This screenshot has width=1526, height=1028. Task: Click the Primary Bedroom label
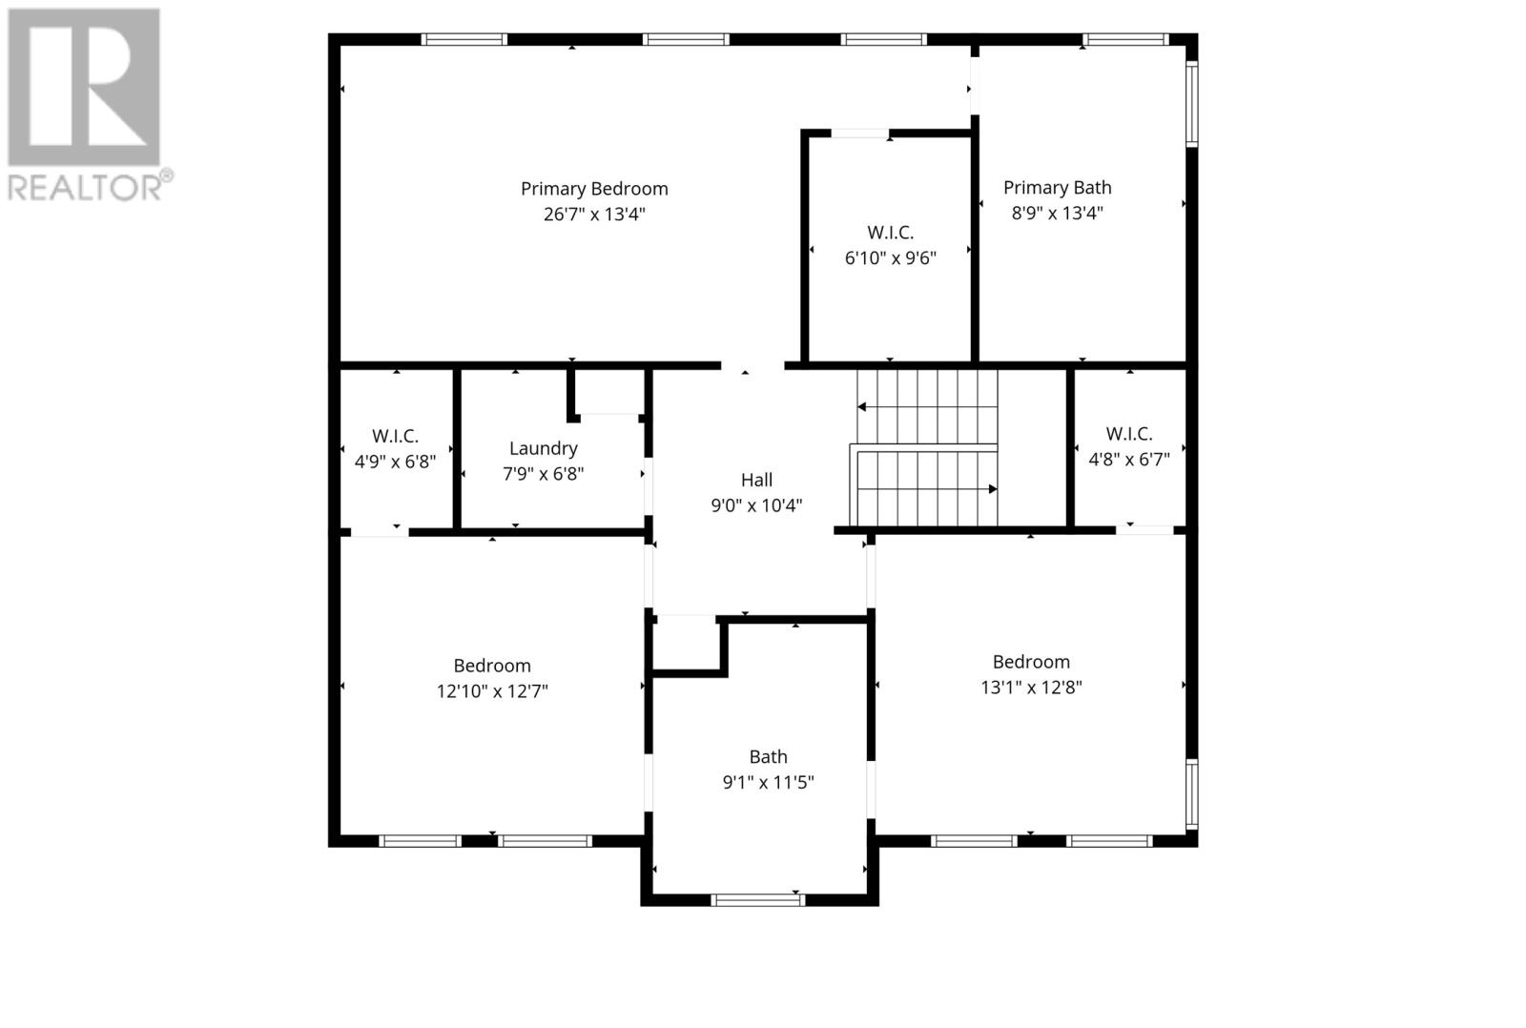594,189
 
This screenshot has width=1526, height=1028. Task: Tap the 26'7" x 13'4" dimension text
594,215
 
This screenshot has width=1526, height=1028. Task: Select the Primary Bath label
1058,188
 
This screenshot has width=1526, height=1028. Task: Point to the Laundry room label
543,449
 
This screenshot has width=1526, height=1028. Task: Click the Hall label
756,481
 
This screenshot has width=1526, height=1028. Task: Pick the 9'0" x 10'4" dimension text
756,505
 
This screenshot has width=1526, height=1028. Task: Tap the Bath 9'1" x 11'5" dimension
769,782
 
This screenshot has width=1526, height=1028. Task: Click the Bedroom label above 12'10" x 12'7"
492,666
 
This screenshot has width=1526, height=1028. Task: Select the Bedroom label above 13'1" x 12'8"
1031,662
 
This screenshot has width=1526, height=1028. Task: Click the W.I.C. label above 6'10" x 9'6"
891,233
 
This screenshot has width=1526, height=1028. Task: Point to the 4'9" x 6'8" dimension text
395,462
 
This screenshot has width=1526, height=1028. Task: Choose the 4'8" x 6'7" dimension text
1129,459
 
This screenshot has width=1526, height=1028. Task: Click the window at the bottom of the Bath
757,900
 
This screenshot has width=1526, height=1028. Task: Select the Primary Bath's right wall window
1191,104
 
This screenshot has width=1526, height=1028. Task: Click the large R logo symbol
84,87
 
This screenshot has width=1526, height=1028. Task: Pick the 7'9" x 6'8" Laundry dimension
543,474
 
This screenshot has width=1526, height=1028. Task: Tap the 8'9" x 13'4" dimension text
1058,214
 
